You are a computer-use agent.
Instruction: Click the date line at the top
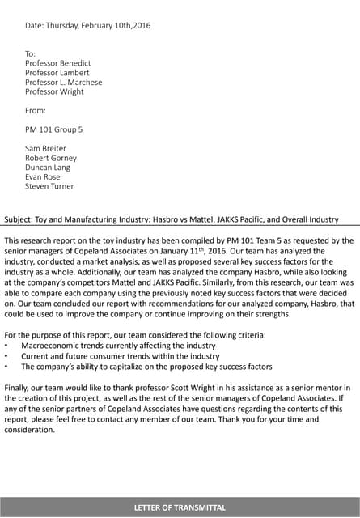pyautogui.click(x=87, y=25)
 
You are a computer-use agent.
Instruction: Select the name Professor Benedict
pyautogui.click(x=57, y=63)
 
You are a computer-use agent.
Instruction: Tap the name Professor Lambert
pyautogui.click(x=57, y=73)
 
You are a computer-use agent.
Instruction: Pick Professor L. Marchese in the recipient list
pyautogui.click(x=63, y=83)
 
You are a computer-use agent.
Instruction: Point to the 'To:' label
pyautogui.click(x=31, y=53)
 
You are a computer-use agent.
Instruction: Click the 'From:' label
pyautogui.click(x=36, y=110)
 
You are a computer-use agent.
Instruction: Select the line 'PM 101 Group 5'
pyautogui.click(x=53, y=129)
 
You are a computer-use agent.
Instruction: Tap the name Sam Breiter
pyautogui.click(x=45, y=149)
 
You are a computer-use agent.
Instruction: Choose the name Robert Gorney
pyautogui.click(x=51, y=159)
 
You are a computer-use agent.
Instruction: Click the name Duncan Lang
pyautogui.click(x=49, y=168)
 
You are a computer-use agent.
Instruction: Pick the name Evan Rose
pyautogui.click(x=42, y=177)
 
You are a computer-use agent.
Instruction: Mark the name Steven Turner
pyautogui.click(x=49, y=186)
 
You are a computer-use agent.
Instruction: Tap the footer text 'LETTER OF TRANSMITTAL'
pyautogui.click(x=180, y=507)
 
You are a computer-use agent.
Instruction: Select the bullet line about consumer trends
pyautogui.click(x=120, y=356)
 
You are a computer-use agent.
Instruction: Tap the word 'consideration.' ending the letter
pyautogui.click(x=29, y=430)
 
